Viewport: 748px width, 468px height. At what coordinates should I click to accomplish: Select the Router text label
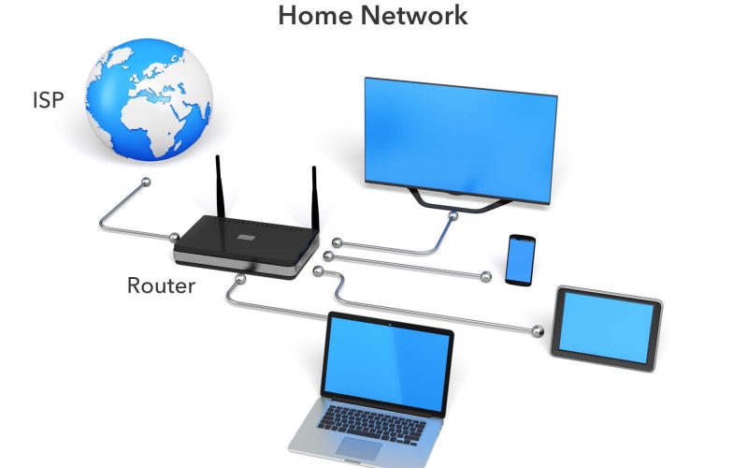click(x=161, y=285)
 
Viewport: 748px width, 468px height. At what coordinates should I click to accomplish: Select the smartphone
click(x=520, y=259)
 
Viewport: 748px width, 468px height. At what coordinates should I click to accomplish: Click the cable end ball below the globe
click(x=144, y=181)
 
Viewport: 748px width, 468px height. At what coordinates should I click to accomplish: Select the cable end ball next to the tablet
click(x=537, y=329)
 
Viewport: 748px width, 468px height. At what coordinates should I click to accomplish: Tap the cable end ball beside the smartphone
click(x=485, y=275)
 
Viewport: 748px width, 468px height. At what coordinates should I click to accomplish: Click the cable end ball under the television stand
click(x=453, y=217)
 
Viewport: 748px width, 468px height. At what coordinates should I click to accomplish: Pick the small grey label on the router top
click(x=246, y=237)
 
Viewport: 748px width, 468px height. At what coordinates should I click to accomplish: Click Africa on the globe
click(x=150, y=112)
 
